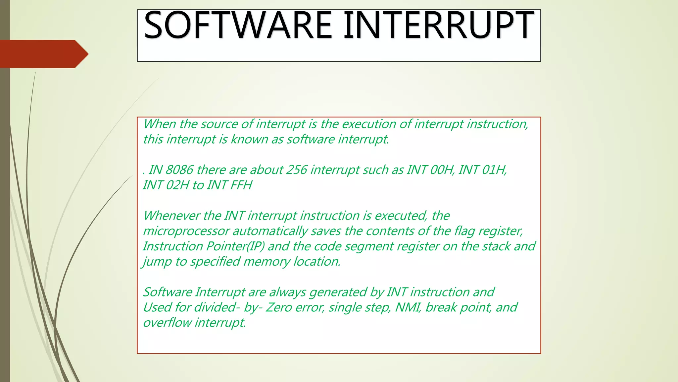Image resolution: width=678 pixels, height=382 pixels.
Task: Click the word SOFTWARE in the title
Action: coord(238,26)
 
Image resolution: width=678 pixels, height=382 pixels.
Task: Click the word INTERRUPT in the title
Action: coord(439,26)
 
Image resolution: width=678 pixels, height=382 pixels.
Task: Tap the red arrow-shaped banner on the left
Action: coord(43,54)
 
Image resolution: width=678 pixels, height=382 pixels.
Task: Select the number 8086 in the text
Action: coord(179,170)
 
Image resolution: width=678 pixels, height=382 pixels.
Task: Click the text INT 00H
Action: coord(430,170)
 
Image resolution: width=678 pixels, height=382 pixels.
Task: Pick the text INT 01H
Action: coord(482,170)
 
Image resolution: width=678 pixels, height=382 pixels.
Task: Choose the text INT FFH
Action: coord(229,185)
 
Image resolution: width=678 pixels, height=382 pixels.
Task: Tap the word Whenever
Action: coord(171,216)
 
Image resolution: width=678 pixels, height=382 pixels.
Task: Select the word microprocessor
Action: coord(186,231)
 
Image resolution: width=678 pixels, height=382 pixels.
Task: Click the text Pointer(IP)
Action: coord(235,246)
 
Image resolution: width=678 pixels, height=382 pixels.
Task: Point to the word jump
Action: coord(157,262)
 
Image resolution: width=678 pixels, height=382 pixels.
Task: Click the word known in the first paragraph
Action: coord(249,139)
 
